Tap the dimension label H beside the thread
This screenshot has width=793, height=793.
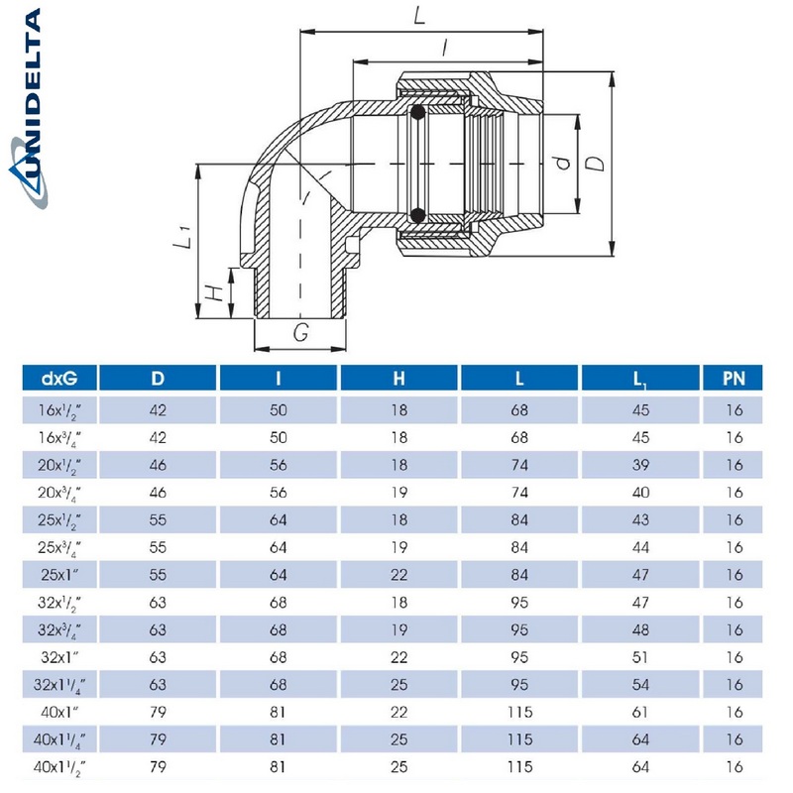(x=211, y=293)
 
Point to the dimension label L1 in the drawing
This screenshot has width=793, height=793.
(x=180, y=239)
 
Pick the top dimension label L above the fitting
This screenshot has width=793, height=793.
(x=419, y=16)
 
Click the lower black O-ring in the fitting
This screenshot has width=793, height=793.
(x=418, y=214)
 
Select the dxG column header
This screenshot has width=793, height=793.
(x=58, y=378)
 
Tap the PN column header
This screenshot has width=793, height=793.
(x=734, y=378)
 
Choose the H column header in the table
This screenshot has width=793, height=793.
(x=398, y=378)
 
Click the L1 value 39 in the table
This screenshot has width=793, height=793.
(x=640, y=463)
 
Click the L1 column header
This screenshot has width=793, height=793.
(x=640, y=378)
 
